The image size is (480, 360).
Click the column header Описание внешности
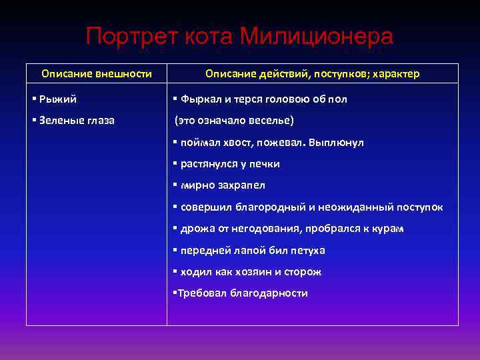pos(97,73)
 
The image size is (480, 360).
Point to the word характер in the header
pos(394,73)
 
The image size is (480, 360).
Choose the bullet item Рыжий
pos(57,99)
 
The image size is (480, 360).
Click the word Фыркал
pos(202,99)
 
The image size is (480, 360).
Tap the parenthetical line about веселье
pos(234,121)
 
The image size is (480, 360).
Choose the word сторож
pos(303,272)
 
